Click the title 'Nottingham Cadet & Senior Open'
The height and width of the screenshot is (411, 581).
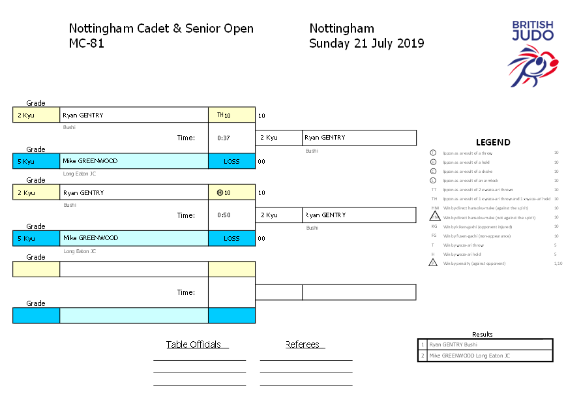pos(161,29)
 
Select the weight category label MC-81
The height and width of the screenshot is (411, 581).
pos(86,44)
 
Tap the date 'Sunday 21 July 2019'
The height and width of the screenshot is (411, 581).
pos(366,44)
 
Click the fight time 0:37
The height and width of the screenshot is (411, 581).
pos(224,138)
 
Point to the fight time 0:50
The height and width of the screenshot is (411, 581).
pos(224,215)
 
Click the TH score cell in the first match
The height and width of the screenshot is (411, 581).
pos(231,115)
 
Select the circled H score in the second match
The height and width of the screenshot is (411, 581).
pos(231,193)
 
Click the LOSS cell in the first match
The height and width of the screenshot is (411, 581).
pos(231,161)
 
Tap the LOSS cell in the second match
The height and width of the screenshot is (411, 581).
pos(231,239)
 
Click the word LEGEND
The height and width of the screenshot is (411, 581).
pos(493,142)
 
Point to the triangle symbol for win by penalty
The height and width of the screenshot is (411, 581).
pos(433,263)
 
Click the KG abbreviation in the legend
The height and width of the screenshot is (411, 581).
pos(434,226)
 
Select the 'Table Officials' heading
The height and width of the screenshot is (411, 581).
pos(194,344)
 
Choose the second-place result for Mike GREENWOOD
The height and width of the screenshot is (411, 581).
pos(469,356)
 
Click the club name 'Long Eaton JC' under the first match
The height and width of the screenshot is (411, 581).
pos(80,174)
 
